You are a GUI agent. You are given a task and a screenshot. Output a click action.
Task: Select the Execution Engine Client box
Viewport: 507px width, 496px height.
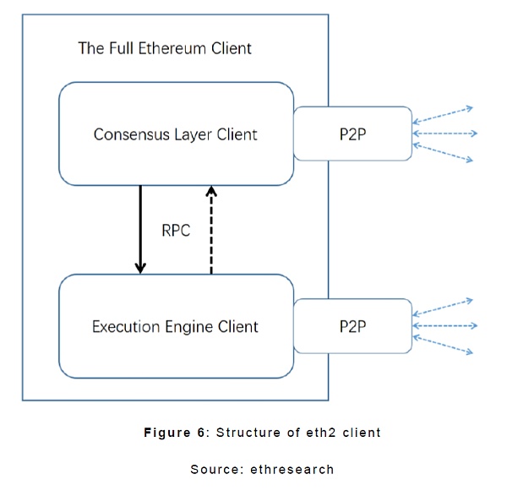(x=176, y=326)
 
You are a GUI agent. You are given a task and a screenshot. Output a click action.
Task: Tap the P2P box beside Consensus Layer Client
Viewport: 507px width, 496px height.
(x=352, y=134)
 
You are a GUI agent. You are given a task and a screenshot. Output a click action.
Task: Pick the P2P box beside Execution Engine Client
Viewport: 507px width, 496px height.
(x=352, y=325)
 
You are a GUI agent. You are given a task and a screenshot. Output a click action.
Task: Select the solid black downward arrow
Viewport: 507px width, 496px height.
(x=140, y=229)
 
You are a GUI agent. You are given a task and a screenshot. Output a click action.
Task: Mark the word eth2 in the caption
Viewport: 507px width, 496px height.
(x=311, y=433)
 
